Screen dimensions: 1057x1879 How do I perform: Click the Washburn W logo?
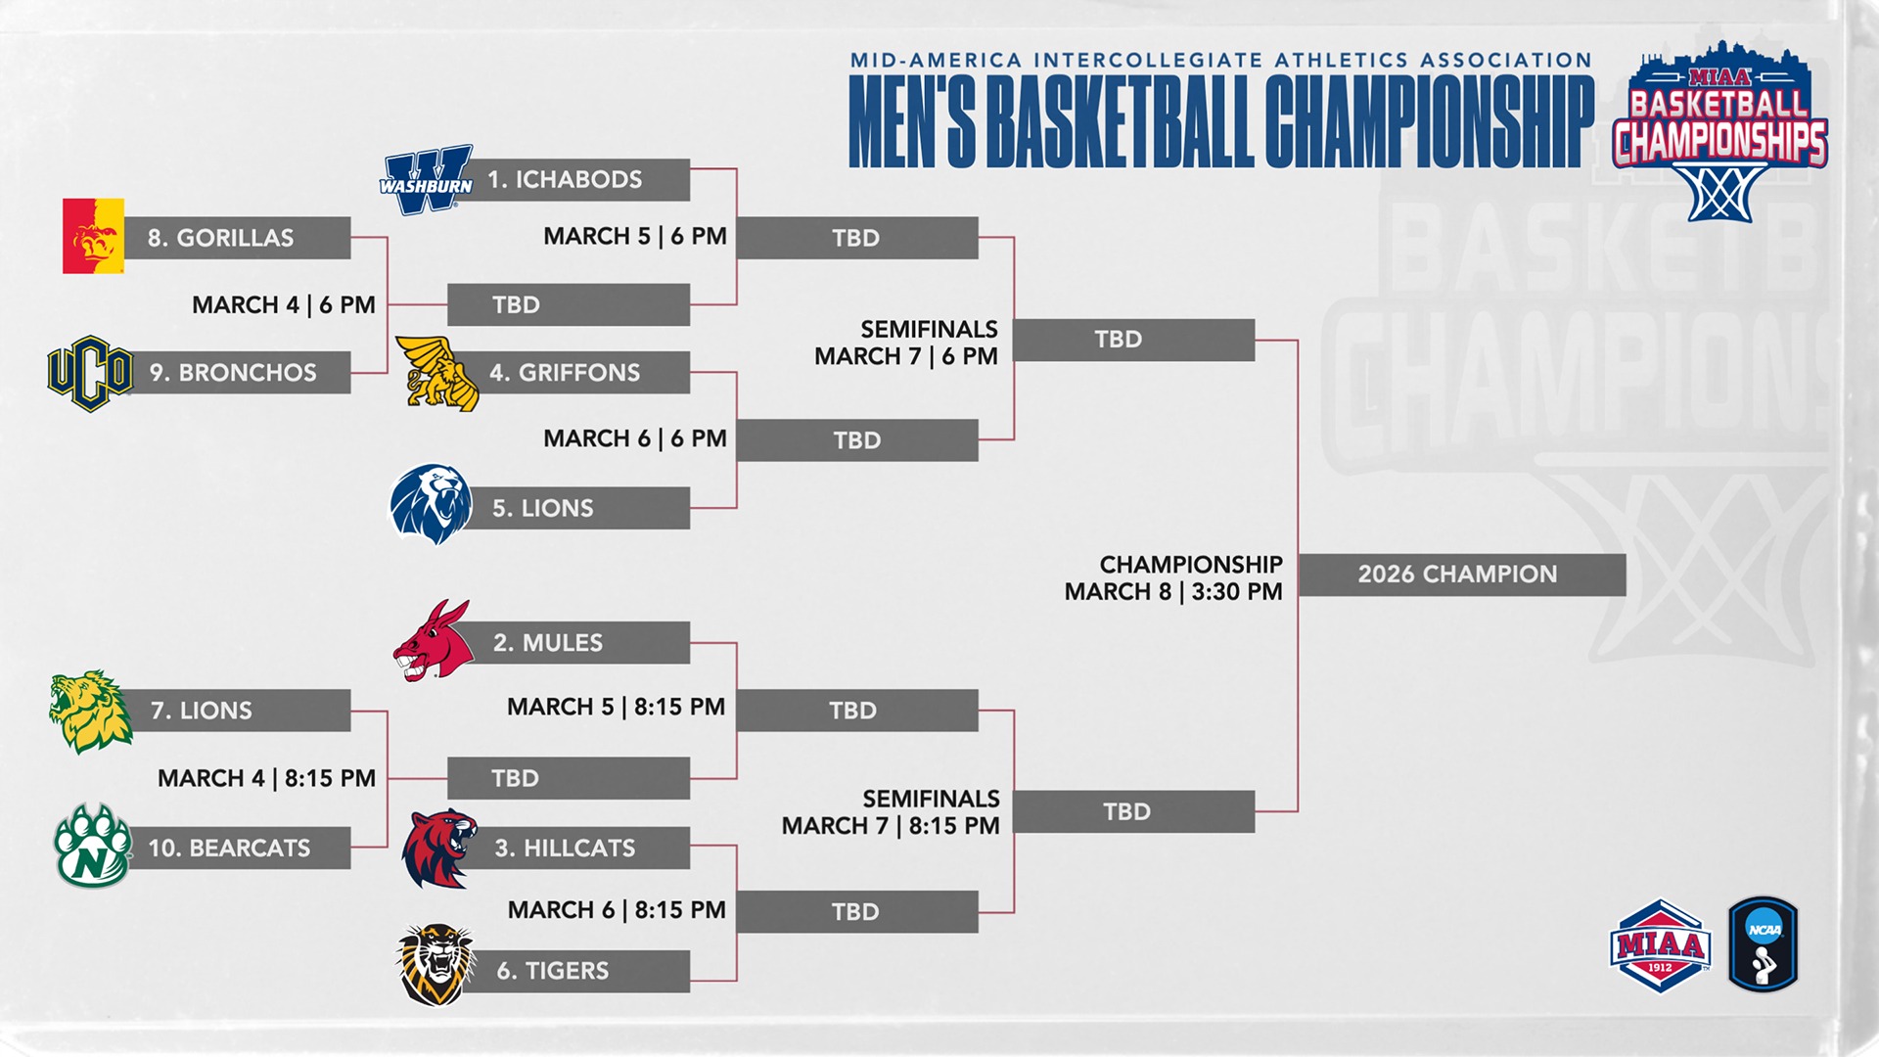tap(427, 181)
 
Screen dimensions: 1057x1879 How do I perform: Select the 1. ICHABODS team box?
tap(577, 180)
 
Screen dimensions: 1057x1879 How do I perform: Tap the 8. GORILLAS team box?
tap(235, 238)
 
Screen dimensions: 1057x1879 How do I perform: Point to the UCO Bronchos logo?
tap(90, 373)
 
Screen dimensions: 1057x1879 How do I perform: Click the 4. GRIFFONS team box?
tap(577, 373)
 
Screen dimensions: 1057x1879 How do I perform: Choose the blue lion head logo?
tap(431, 504)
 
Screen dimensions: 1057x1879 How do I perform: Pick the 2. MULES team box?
tap(577, 643)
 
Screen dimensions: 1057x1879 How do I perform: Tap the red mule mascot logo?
tap(433, 641)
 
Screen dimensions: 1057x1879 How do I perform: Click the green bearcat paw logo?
tap(92, 846)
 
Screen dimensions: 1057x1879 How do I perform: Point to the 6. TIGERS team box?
tap(577, 971)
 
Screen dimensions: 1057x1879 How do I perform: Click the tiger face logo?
tap(435, 965)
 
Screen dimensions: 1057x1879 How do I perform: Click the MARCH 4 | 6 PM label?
tap(284, 305)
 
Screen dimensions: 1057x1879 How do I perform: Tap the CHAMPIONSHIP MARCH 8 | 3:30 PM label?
tap(1173, 578)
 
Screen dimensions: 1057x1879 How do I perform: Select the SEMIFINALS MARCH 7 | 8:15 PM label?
tap(891, 812)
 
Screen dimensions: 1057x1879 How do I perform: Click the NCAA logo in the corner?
tap(1764, 944)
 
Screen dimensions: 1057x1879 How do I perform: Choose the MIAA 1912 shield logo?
tap(1660, 946)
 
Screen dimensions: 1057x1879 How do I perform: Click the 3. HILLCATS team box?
tap(577, 848)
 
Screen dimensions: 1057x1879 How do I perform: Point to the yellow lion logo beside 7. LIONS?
tap(90, 712)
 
